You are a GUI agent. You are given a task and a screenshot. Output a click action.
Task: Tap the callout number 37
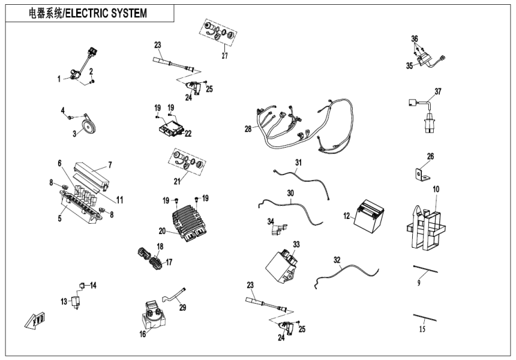pyautogui.click(x=437, y=91)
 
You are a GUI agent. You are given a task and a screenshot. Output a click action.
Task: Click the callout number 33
pyautogui.click(x=296, y=244)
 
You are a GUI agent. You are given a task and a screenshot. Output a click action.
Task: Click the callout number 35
pyautogui.click(x=409, y=67)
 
